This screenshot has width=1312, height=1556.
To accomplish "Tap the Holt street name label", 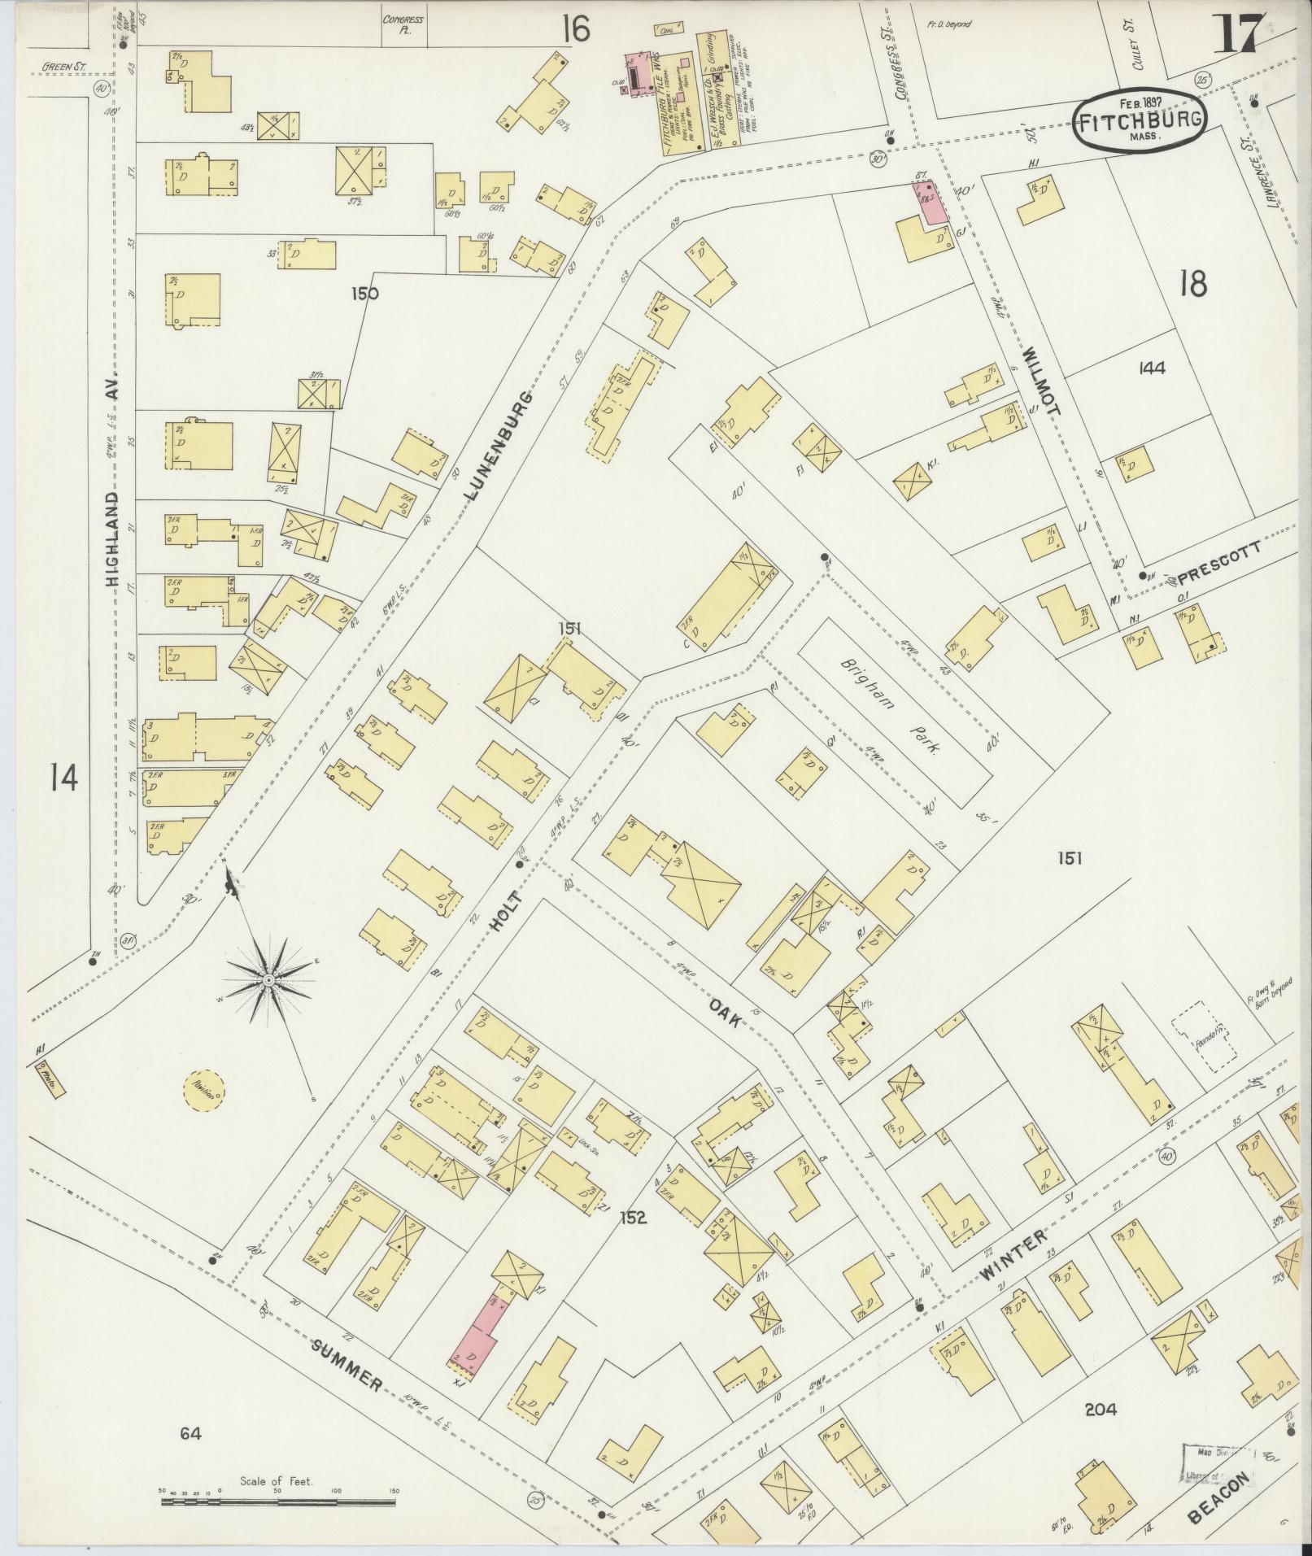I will pyautogui.click(x=507, y=918).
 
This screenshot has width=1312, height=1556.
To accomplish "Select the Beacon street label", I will pyautogui.click(x=1218, y=1497).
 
